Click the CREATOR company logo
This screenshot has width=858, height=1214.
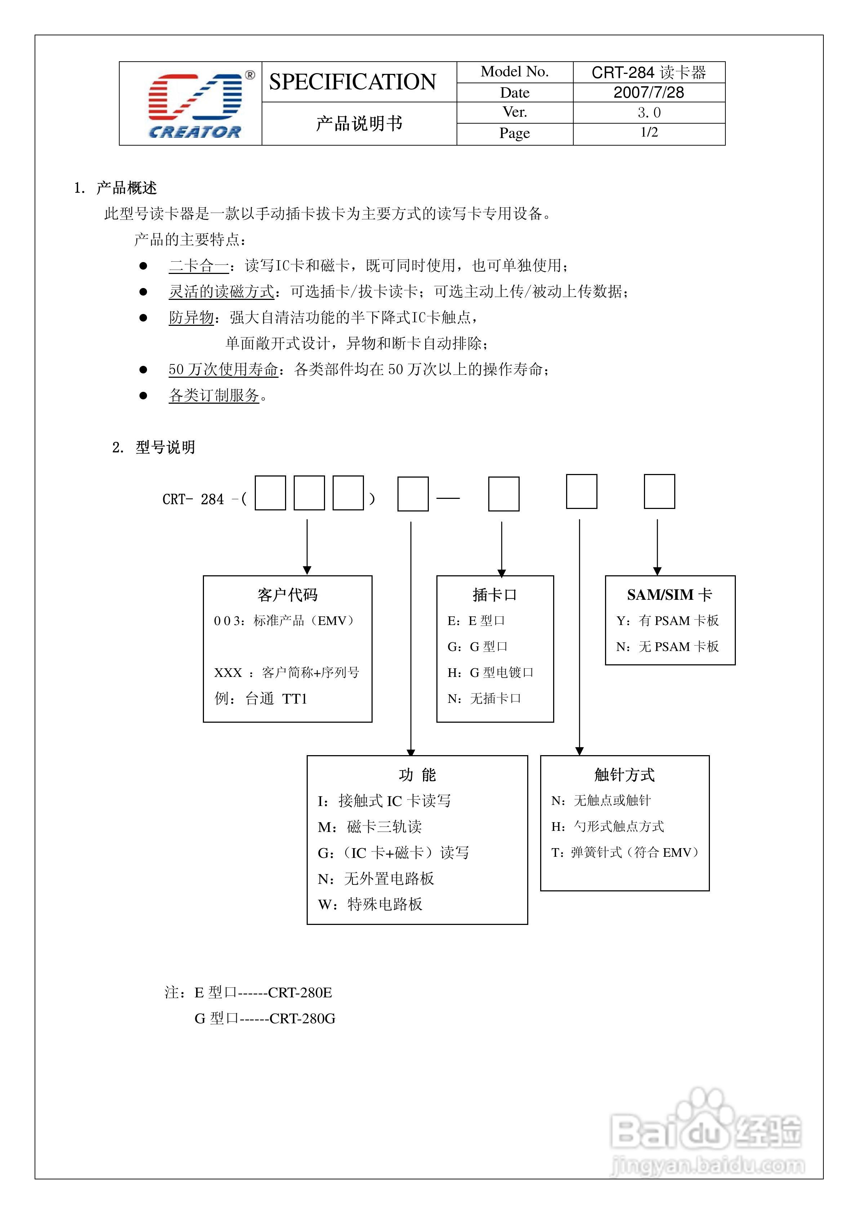(195, 104)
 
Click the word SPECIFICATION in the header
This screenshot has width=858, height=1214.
(353, 82)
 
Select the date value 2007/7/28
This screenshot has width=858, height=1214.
(649, 93)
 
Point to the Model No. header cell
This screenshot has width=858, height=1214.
(514, 72)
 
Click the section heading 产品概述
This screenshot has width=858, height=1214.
(126, 188)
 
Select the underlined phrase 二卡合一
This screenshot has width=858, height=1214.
(199, 265)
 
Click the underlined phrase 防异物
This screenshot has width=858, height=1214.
(191, 317)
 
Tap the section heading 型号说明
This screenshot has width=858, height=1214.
(165, 447)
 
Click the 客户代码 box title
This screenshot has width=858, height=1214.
(288, 595)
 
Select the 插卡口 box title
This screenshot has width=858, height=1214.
(495, 595)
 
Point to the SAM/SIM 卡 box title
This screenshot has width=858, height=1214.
(669, 595)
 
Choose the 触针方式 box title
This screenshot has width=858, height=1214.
(624, 775)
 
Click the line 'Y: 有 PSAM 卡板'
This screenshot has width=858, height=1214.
(668, 621)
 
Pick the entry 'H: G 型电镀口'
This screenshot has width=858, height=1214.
(490, 673)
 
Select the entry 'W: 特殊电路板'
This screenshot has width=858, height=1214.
(370, 904)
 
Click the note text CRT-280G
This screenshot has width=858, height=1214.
(302, 1018)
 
